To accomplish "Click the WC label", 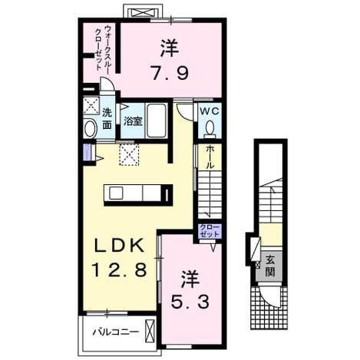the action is click(x=210, y=111).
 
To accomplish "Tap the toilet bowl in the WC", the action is click(x=210, y=127).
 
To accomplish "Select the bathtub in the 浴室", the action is click(x=157, y=121).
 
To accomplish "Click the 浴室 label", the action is click(x=133, y=121).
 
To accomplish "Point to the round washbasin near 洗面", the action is click(x=90, y=129).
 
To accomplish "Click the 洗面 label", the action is click(x=107, y=119).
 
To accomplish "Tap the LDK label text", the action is click(x=119, y=246).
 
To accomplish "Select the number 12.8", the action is click(x=119, y=269).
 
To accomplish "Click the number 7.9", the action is click(x=170, y=72).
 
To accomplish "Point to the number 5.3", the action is click(x=190, y=301).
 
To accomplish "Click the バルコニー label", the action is click(x=116, y=332).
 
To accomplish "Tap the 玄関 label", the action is click(x=269, y=266).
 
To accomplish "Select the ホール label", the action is click(x=210, y=157).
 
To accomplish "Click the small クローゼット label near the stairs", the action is click(x=209, y=230).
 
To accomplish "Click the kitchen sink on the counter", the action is click(x=116, y=193).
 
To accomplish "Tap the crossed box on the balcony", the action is click(x=150, y=332).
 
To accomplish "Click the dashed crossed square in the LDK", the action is click(x=129, y=154).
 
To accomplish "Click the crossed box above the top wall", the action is click(x=143, y=12).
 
